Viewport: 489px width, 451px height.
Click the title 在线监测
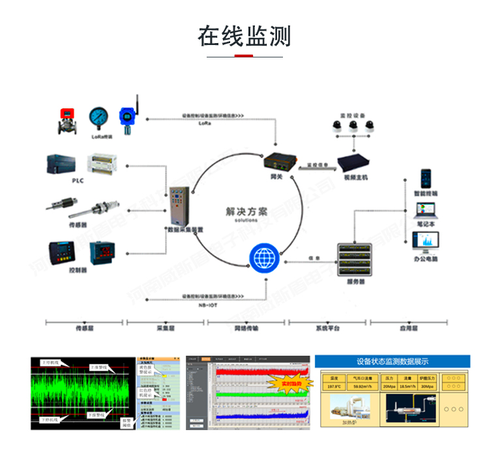pyautogui.click(x=244, y=36)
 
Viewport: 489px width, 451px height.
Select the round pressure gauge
pyautogui.click(x=100, y=118)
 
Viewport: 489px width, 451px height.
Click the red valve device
pyautogui.click(x=66, y=119)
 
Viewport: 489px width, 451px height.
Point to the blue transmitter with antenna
pyautogui.click(x=127, y=116)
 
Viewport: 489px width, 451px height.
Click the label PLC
pyautogui.click(x=78, y=181)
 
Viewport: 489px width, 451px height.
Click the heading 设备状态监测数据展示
pyautogui.click(x=393, y=362)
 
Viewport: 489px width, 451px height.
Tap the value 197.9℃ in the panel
pyautogui.click(x=334, y=386)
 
